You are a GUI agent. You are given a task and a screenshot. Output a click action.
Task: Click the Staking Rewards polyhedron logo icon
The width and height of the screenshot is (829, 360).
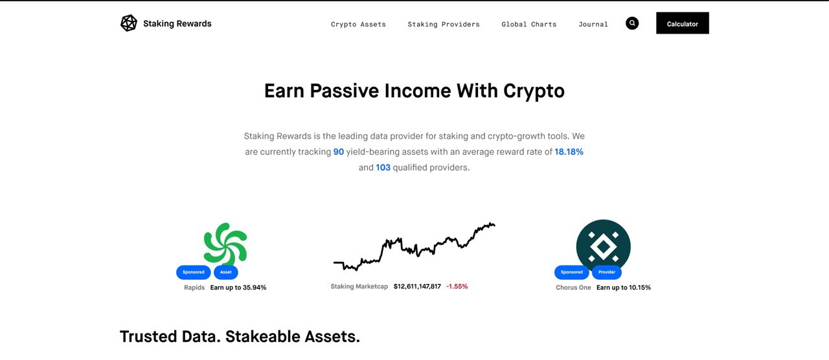click(129, 23)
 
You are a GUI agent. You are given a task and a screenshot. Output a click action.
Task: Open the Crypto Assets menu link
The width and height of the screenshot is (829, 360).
click(358, 25)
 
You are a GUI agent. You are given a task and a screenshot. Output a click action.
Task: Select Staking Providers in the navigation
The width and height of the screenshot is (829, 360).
click(444, 25)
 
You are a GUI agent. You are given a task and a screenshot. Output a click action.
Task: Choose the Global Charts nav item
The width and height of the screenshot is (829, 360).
click(529, 25)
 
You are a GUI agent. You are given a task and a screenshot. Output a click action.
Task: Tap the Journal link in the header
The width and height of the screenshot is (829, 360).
click(593, 25)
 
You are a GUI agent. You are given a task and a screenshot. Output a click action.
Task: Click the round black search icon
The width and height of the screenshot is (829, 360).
click(632, 23)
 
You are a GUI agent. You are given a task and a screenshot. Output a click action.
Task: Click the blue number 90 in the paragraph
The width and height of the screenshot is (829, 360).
click(339, 152)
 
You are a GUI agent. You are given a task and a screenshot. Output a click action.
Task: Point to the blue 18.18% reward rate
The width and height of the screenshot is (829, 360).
click(569, 152)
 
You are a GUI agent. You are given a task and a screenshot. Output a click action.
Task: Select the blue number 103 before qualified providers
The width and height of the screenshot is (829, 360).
click(383, 168)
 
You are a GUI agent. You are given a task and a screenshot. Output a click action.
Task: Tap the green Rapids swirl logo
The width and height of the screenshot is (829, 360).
click(225, 244)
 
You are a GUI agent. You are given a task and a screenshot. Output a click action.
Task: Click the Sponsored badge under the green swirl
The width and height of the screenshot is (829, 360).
click(194, 273)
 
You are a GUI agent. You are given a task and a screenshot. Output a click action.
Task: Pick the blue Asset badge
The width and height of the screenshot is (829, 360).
click(226, 273)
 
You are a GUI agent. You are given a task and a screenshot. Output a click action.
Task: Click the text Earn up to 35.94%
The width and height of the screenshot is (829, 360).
click(238, 287)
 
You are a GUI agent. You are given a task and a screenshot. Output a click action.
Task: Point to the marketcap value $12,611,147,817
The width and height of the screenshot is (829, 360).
click(417, 286)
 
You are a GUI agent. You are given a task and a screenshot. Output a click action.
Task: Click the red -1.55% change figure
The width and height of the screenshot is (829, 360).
click(457, 286)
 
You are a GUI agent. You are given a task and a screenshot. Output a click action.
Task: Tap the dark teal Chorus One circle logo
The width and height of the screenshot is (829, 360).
click(603, 247)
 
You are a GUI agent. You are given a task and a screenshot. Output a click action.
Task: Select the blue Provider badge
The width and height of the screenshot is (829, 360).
click(607, 273)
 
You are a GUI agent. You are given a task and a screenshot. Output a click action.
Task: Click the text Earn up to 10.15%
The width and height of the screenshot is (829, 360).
click(624, 287)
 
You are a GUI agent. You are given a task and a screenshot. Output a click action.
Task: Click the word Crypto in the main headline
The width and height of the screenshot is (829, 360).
click(534, 91)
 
